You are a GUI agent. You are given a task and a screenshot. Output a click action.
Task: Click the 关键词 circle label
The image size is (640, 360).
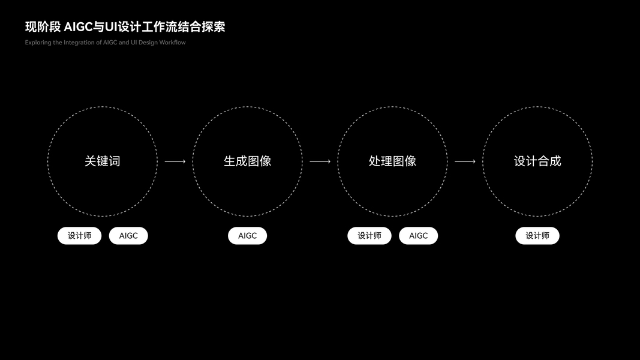(103, 161)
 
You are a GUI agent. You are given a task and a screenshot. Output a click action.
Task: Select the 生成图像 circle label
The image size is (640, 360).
(247, 161)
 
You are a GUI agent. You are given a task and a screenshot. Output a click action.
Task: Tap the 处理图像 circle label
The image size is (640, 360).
(392, 161)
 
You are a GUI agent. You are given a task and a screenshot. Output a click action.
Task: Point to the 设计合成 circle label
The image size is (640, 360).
(537, 161)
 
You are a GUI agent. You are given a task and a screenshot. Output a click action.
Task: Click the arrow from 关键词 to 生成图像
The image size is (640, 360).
(175, 161)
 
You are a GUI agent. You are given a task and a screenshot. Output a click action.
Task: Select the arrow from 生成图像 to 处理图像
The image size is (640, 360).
(320, 161)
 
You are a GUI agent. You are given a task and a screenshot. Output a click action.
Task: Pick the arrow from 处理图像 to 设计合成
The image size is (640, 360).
(465, 161)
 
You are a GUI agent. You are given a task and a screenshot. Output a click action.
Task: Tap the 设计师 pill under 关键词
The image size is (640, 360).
(80, 236)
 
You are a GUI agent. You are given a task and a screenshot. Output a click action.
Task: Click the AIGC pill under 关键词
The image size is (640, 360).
(128, 236)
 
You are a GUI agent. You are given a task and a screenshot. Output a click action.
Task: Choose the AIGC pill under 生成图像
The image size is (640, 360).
(247, 236)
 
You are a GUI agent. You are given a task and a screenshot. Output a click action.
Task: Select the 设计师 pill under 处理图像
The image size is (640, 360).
(369, 236)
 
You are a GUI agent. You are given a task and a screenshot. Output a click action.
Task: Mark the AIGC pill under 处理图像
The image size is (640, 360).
(419, 236)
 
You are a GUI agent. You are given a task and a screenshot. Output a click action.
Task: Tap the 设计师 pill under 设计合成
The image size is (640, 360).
(537, 236)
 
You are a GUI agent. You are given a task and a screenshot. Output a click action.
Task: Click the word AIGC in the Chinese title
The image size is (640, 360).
(77, 27)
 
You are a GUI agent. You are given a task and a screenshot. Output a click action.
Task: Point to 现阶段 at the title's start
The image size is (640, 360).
(43, 27)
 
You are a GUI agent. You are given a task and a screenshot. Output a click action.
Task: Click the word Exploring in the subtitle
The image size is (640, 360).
(38, 43)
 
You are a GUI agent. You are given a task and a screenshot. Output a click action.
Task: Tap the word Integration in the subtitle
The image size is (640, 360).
(79, 43)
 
